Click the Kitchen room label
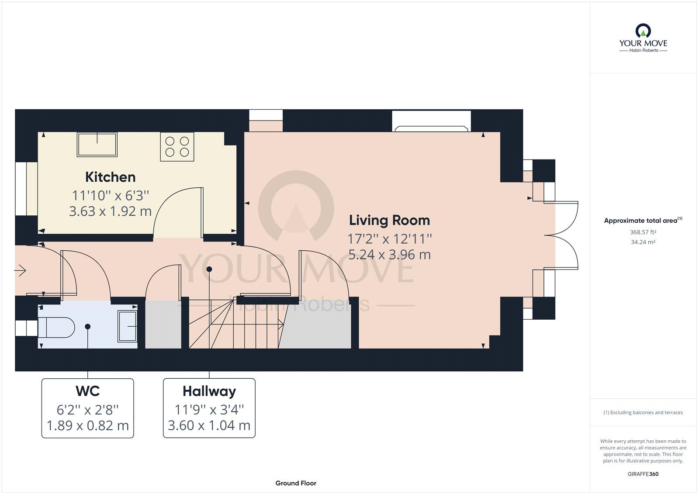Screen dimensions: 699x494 [111, 177]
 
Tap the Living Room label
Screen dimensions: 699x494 [389, 220]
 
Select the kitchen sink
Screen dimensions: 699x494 [97, 145]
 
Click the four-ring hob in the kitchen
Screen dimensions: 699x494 [177, 147]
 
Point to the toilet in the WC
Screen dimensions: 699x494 [56, 327]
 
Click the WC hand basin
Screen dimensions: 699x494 [127, 326]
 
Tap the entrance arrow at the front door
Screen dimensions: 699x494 [20, 270]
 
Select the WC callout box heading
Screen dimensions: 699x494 [88, 391]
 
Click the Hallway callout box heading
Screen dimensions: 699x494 [209, 391]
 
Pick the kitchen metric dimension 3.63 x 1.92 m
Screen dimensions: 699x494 [110, 211]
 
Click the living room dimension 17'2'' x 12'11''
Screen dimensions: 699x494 [389, 239]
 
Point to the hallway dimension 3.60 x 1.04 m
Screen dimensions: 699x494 [209, 425]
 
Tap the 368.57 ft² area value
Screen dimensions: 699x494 [643, 232]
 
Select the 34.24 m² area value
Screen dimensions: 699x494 [643, 242]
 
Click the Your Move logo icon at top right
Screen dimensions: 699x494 [643, 31]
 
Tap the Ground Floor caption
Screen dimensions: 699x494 [296, 483]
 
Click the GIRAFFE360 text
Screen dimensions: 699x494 [643, 474]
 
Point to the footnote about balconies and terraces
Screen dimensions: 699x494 [643, 412]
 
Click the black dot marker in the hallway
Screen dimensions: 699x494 [209, 269]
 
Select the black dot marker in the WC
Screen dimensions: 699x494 [88, 326]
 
